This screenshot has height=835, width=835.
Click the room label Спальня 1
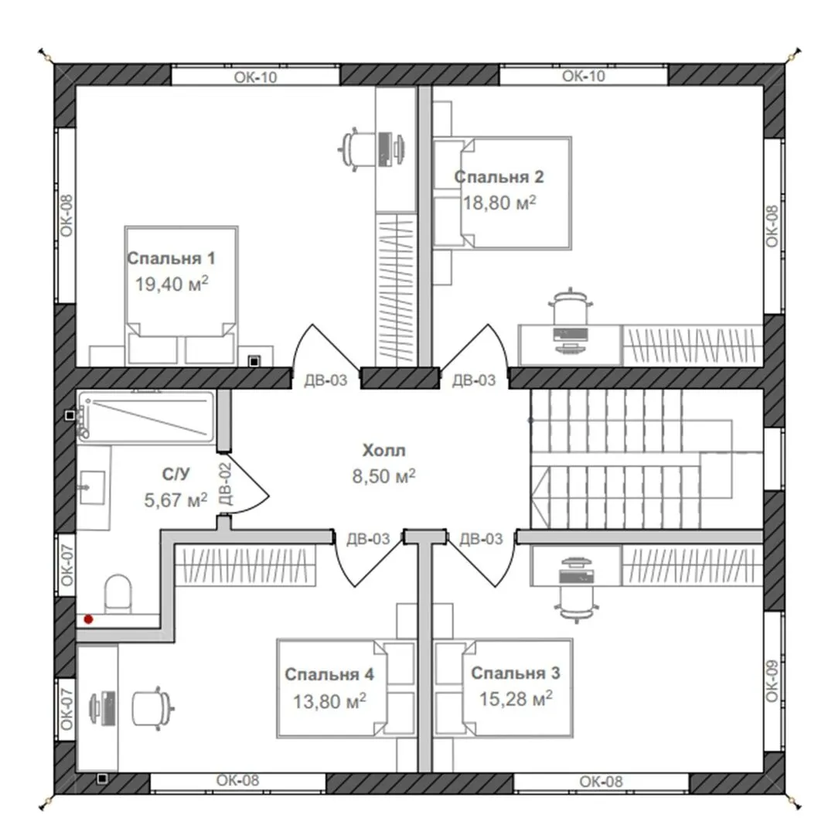[171, 258]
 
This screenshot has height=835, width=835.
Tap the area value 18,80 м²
[499, 203]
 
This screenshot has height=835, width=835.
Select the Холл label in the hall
[383, 450]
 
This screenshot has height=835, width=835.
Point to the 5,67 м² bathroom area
[176, 499]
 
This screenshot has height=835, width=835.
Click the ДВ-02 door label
[225, 483]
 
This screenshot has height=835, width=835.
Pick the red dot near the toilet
[88, 619]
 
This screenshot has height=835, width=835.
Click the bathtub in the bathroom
[145, 417]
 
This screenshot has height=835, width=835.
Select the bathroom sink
[91, 487]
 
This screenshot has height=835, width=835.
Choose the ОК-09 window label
[772, 681]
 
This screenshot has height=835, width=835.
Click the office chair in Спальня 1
[355, 148]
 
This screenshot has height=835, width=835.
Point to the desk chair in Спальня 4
[154, 707]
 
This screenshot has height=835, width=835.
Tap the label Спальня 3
[516, 673]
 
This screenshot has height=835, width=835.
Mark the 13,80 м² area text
[329, 700]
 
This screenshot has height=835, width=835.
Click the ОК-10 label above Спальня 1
[256, 77]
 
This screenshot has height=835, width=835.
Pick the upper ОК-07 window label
[66, 564]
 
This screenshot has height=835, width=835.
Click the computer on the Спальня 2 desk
[571, 336]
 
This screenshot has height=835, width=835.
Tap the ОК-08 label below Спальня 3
[601, 781]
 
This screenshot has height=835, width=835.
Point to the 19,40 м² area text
[171, 284]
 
